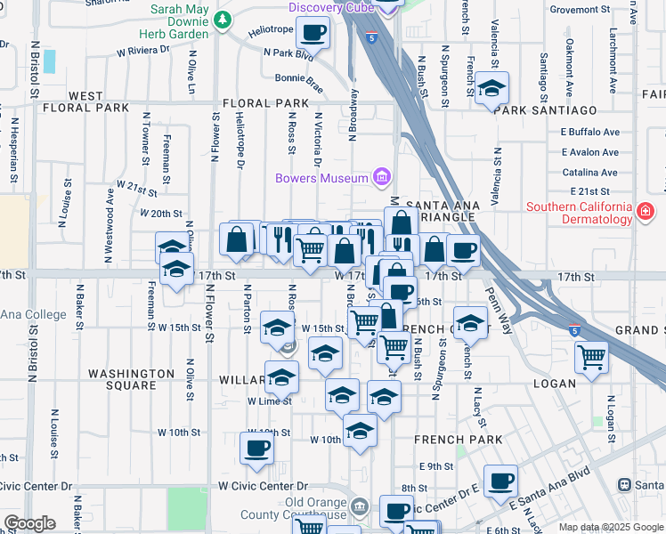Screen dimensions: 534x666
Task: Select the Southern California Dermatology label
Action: [x=578, y=214]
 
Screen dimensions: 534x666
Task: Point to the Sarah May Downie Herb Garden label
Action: [x=180, y=21]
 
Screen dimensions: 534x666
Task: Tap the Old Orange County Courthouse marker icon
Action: [x=358, y=507]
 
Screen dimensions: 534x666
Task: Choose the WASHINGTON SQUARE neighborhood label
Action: [x=131, y=379]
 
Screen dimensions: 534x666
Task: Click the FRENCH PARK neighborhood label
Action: [x=459, y=440]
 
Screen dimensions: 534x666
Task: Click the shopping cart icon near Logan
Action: [x=591, y=357]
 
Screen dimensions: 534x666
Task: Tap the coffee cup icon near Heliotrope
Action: [x=312, y=33]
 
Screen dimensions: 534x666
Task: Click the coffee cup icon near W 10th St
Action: [x=257, y=448]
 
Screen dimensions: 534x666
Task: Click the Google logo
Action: [x=29, y=523]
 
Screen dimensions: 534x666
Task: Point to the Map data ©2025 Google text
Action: [x=610, y=527]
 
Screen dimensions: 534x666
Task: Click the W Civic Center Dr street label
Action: [x=263, y=486]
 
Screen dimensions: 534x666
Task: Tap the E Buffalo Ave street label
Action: [x=589, y=132]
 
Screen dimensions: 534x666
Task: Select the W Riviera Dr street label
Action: [x=143, y=51]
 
